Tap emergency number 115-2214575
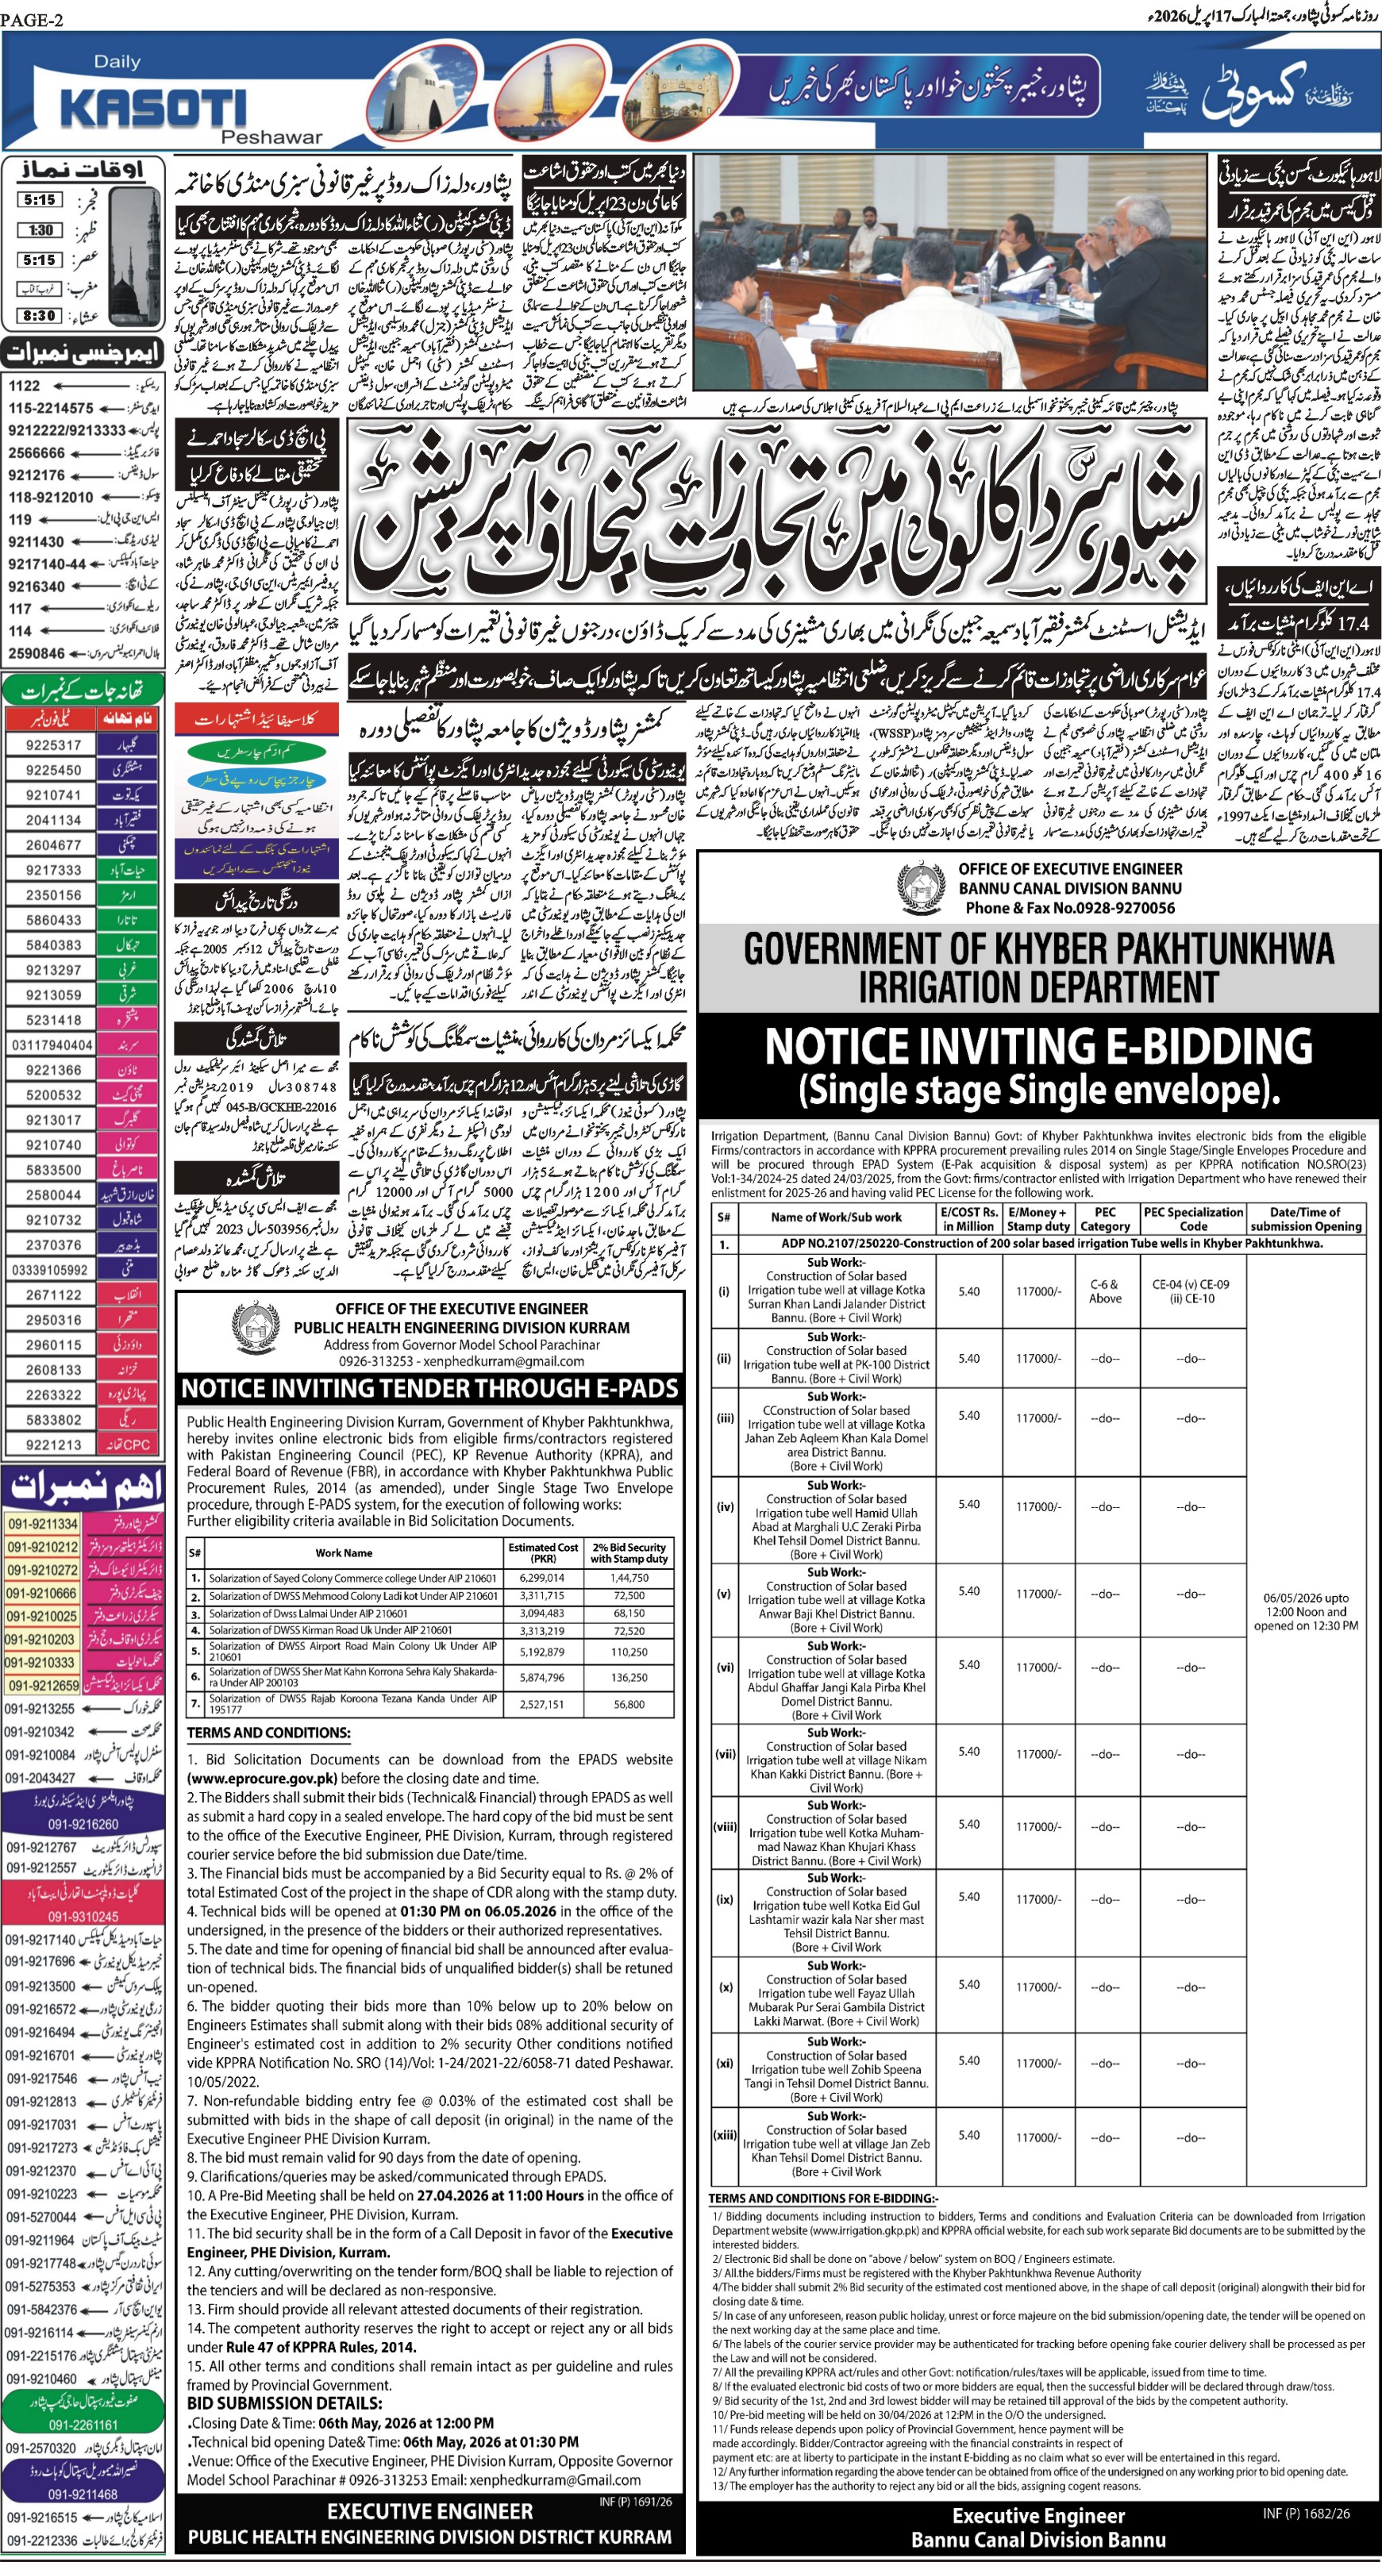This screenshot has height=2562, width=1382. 51,408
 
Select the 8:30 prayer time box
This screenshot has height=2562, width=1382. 39,315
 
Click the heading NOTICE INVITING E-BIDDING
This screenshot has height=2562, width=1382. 1037,1046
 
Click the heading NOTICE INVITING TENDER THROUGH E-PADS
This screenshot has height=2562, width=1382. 429,1388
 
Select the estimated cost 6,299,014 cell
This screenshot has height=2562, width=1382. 541,1577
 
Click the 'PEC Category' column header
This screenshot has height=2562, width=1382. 1104,1218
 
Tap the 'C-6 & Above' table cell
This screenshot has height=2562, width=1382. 1104,1291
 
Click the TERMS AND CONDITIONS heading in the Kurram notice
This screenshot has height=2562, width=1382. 268,1733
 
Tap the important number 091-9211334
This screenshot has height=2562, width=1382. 42,1524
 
